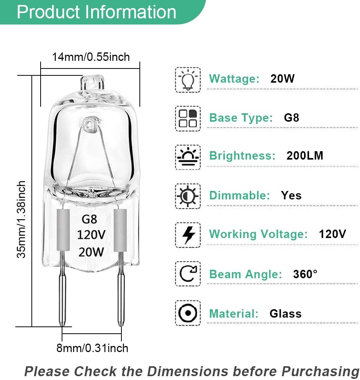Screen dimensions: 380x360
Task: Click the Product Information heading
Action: click(x=97, y=12)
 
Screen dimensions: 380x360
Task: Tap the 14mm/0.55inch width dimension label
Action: click(x=91, y=57)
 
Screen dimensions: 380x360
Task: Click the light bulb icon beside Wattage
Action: click(x=188, y=80)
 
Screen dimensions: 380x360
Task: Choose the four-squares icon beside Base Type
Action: click(x=188, y=118)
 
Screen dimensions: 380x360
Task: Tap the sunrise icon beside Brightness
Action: click(x=188, y=157)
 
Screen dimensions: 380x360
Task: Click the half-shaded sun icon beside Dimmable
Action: click(x=188, y=196)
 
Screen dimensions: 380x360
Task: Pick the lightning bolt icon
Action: click(x=188, y=235)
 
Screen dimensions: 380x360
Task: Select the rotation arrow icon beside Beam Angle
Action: click(x=188, y=274)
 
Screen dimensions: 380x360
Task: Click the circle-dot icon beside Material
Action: click(x=188, y=313)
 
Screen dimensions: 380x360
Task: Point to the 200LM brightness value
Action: click(x=305, y=156)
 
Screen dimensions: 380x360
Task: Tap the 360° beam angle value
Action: click(x=305, y=274)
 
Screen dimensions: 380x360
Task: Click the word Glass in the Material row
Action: click(x=285, y=314)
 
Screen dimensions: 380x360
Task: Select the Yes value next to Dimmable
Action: click(x=291, y=196)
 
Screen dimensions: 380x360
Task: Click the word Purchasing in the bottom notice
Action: click(x=318, y=371)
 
